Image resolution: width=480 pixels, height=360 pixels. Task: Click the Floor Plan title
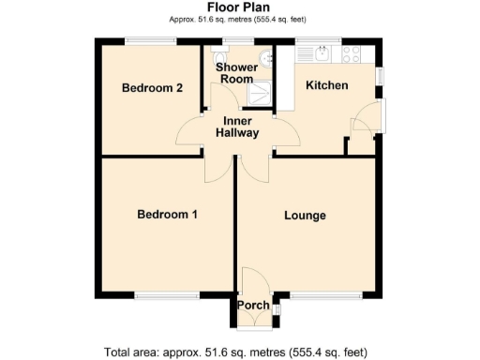(x=239, y=7)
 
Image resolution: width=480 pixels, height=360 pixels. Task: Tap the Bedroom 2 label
(x=152, y=88)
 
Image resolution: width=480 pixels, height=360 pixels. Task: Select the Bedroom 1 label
(x=167, y=215)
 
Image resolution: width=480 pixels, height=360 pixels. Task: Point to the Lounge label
(x=305, y=216)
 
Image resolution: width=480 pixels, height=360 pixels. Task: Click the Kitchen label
(x=327, y=86)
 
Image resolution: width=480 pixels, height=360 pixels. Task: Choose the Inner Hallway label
(x=238, y=127)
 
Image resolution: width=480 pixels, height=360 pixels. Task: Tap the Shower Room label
(x=235, y=73)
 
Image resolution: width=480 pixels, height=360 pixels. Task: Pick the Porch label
(x=252, y=306)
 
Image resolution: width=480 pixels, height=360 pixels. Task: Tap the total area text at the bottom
(x=236, y=352)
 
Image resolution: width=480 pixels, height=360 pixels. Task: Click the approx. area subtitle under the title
(x=239, y=19)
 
